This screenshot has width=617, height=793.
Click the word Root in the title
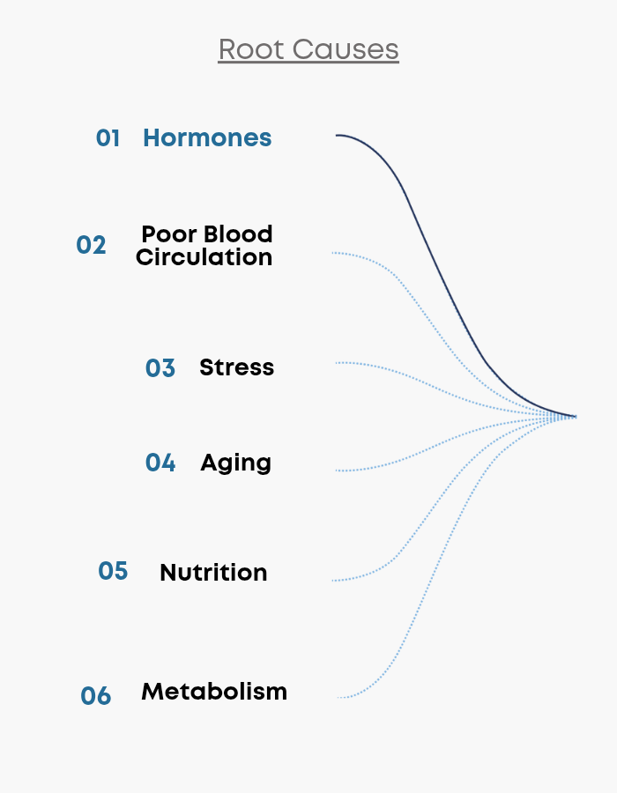(x=251, y=49)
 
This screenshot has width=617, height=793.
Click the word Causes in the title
(x=346, y=49)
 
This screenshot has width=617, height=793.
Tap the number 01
(x=108, y=138)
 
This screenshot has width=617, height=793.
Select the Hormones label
(x=207, y=137)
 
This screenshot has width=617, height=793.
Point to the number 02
(x=91, y=245)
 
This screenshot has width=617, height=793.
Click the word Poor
(x=168, y=234)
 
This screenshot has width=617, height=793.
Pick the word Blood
(x=238, y=234)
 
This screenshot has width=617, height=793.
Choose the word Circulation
(x=204, y=257)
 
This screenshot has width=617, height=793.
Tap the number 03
(x=160, y=368)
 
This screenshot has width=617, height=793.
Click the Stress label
(x=237, y=367)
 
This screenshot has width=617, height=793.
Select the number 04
(x=160, y=463)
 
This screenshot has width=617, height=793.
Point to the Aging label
(x=235, y=463)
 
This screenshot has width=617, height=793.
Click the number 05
(x=113, y=571)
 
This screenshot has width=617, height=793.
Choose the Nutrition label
(x=213, y=573)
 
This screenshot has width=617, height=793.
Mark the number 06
(x=95, y=696)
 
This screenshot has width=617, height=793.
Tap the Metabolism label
(x=214, y=692)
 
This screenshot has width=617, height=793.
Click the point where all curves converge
(x=576, y=417)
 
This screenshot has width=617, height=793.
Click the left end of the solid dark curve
(x=336, y=135)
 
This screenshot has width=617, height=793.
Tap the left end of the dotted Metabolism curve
(x=338, y=698)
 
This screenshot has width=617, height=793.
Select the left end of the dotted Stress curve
(x=336, y=363)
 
